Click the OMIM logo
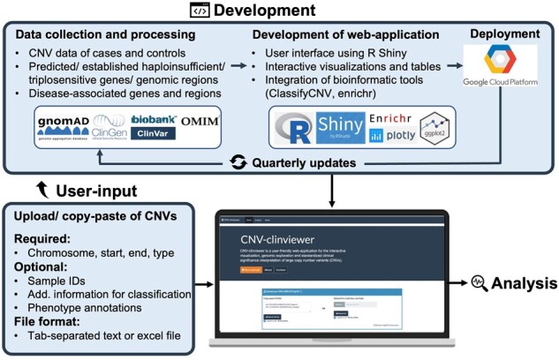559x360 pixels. (x=202, y=119)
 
